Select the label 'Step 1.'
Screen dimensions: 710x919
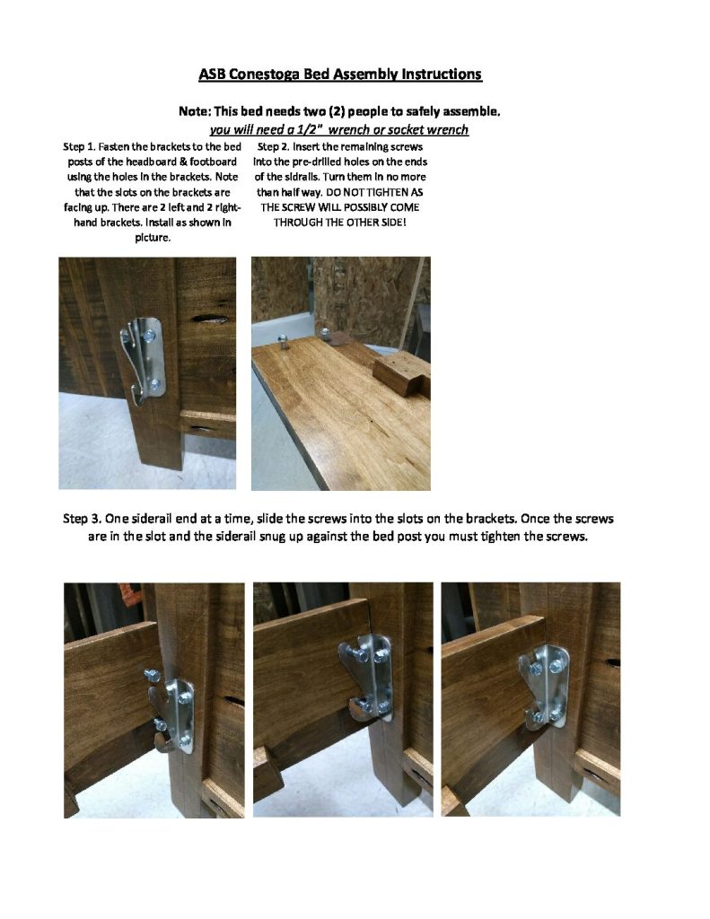[x=79, y=147]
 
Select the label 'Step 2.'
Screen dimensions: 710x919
[x=273, y=147]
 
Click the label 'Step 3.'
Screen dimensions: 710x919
[x=82, y=519]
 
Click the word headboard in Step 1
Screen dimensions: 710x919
[x=152, y=162]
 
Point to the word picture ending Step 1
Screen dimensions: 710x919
[x=153, y=238]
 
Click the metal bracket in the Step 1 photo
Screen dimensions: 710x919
[x=144, y=360]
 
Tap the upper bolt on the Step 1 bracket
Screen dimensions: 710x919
[x=149, y=336]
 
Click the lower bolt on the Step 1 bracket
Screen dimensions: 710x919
[x=154, y=384]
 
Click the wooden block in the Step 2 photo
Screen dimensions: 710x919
[x=402, y=374]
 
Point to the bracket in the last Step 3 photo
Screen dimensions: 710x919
[x=543, y=687]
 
